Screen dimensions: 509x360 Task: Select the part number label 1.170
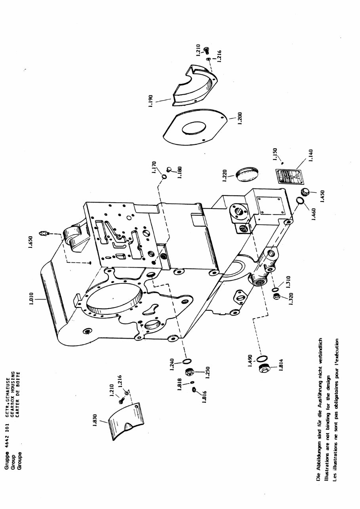point(155,168)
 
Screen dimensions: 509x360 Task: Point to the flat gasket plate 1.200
point(194,128)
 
